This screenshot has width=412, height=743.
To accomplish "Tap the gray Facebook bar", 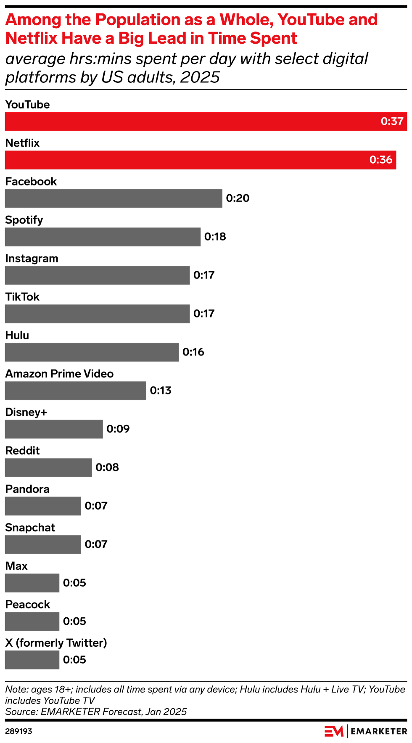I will [114, 198].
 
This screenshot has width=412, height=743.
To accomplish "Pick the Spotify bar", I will [103, 237].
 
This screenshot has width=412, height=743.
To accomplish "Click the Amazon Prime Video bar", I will [76, 391].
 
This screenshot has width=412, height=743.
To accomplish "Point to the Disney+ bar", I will [54, 429].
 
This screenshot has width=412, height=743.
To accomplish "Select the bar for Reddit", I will [48, 468].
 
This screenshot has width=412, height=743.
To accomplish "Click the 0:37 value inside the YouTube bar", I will [392, 122].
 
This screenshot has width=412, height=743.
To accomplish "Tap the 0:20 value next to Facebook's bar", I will [238, 198].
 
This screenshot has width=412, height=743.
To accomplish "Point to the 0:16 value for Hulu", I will [193, 352].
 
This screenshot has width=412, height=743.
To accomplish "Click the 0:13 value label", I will [161, 391].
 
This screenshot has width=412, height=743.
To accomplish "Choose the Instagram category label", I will [32, 259].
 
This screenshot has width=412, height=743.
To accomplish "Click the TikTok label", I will [22, 297].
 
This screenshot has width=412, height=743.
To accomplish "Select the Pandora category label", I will [27, 489].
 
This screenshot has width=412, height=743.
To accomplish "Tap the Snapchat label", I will [30, 528].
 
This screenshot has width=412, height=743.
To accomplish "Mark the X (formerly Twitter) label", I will [56, 643].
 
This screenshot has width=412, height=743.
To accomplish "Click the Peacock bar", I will [32, 621].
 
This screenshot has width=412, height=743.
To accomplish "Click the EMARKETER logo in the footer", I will [365, 731].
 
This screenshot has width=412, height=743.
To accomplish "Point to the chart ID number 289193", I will [18, 731].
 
